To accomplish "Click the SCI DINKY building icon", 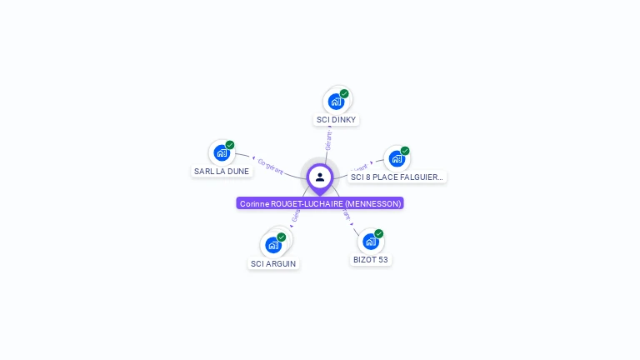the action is [336, 102].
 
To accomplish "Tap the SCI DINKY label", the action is [336, 120].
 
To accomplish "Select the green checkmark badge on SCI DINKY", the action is [344, 93].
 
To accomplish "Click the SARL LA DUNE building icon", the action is [221, 152].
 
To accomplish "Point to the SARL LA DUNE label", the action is [222, 172].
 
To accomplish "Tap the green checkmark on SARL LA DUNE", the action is [230, 145].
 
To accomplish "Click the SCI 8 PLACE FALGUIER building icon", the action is [397, 158].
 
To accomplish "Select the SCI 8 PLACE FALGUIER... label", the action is [397, 177].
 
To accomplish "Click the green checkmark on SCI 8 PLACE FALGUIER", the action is [405, 151].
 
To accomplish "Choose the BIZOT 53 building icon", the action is [370, 242].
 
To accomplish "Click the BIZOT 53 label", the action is [370, 260].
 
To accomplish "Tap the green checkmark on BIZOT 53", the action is [379, 233].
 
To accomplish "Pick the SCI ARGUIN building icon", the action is [272, 245].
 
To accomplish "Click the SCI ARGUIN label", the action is [273, 264].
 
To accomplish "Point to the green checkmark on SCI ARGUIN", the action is [282, 237].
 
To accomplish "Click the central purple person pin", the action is [320, 177].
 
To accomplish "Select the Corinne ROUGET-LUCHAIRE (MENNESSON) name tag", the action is [320, 203].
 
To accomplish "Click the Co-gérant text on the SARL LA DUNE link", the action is [271, 162].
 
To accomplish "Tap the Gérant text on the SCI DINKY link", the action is [328, 141].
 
